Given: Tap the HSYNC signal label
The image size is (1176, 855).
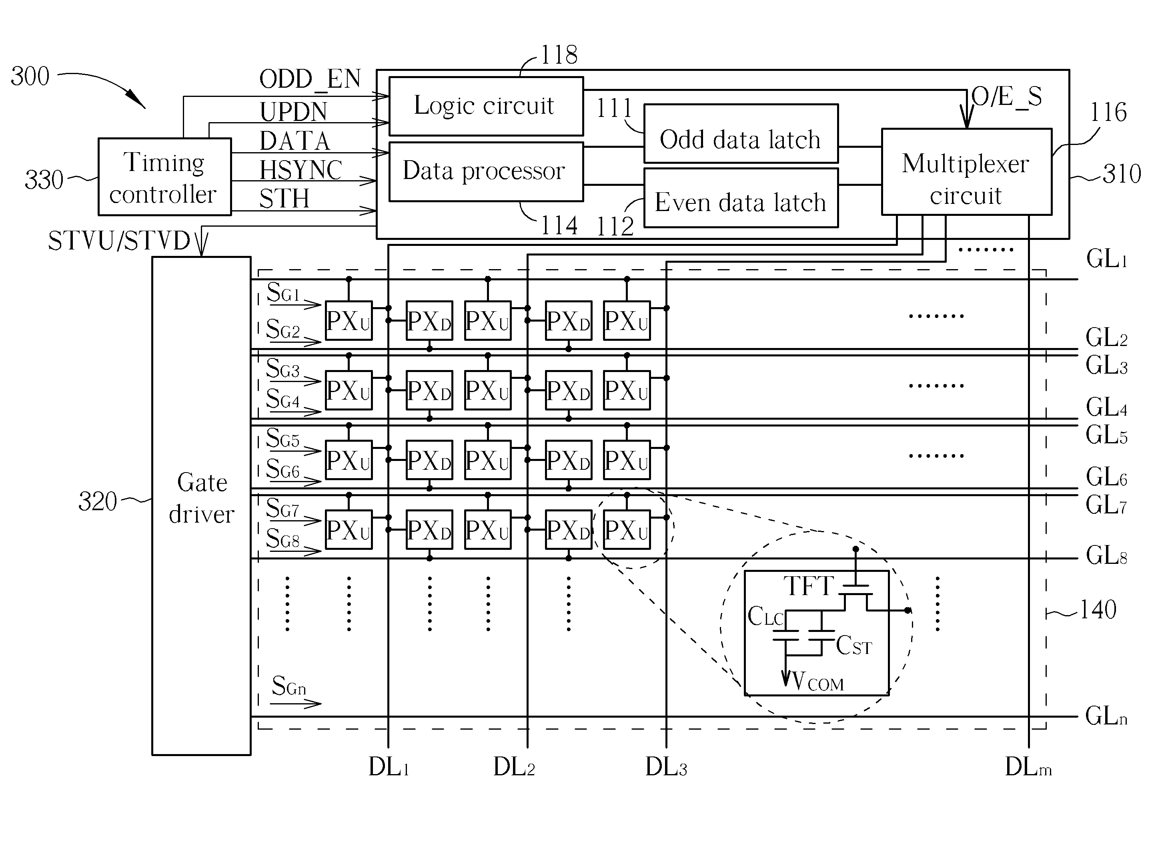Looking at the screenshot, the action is (x=301, y=170).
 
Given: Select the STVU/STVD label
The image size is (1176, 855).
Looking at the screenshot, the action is (x=119, y=241).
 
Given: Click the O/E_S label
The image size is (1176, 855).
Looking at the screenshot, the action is (x=1006, y=97).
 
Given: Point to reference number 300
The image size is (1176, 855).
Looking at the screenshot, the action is (x=30, y=76).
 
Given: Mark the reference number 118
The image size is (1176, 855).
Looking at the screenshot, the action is (x=559, y=55).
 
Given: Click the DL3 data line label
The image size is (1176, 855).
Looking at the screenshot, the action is (x=666, y=767).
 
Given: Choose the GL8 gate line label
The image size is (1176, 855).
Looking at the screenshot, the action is (x=1106, y=555).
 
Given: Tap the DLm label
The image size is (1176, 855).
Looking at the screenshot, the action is (x=1028, y=767).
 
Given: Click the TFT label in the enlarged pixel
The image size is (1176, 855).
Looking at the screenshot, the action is (x=808, y=586).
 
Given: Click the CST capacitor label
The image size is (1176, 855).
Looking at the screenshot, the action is (x=853, y=646).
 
